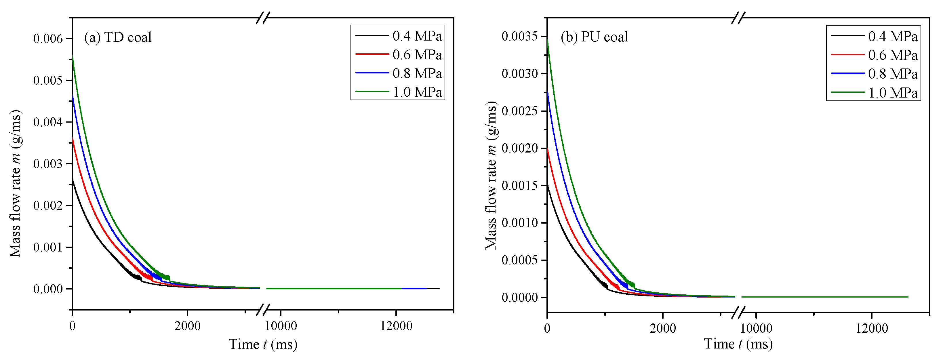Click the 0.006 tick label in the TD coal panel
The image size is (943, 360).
(48, 39)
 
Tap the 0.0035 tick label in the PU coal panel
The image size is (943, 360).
(519, 36)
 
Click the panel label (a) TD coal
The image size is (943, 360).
(118, 37)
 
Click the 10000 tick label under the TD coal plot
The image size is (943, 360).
(281, 325)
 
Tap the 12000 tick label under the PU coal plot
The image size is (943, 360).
(872, 328)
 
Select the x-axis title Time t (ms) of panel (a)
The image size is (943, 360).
(263, 344)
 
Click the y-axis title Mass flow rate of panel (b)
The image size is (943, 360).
(491, 176)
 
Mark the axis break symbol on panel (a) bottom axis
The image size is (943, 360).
(263, 310)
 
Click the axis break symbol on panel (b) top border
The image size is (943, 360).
(738, 18)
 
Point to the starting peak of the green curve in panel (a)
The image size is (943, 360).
(73, 56)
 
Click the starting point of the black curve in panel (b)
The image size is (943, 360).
(547, 185)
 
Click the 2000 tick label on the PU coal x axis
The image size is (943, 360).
(663, 328)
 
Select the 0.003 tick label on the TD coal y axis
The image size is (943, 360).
(48, 164)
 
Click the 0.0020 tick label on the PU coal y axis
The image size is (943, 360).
(519, 148)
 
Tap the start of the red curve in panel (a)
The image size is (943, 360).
(73, 138)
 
